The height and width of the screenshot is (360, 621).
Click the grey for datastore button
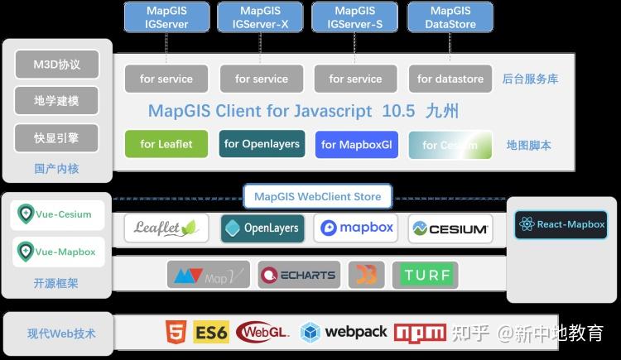point(450,79)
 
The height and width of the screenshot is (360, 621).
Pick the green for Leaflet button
point(166,144)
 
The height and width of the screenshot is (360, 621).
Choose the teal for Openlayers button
point(262,144)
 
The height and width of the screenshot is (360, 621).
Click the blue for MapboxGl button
point(356,144)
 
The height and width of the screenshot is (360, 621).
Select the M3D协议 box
point(56,64)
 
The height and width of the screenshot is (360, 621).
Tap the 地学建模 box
point(56,100)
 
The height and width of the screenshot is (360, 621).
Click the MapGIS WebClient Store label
point(318,197)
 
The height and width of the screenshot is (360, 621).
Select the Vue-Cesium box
point(57,215)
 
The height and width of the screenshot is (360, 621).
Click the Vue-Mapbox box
point(57,252)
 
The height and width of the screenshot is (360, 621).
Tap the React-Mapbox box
point(561,224)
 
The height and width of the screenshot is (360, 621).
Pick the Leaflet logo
point(166,228)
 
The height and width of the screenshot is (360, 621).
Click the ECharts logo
point(298,275)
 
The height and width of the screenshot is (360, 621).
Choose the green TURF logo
point(426,275)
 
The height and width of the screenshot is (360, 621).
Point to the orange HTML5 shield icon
point(176,332)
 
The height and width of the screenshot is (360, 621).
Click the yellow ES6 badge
point(211,333)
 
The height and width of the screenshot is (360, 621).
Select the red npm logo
point(420,333)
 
